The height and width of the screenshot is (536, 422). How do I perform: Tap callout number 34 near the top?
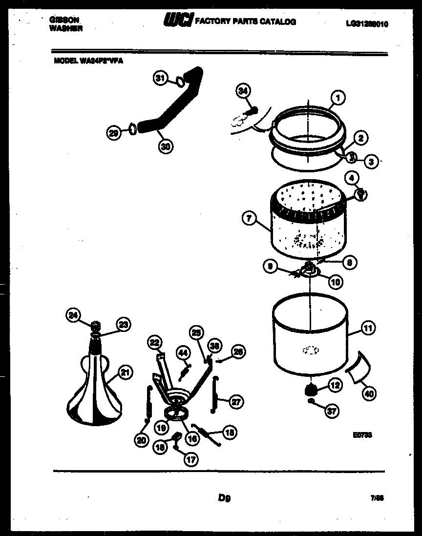point(243,90)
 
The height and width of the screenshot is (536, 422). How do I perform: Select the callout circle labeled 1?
point(338,98)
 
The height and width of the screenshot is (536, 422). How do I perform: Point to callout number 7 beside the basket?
point(250,219)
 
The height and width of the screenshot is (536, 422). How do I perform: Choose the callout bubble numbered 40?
point(369,392)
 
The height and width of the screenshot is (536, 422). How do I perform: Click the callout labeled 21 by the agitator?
point(126,373)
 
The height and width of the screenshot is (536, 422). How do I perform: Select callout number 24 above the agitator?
point(73,316)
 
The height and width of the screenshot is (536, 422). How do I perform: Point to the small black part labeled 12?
point(310,389)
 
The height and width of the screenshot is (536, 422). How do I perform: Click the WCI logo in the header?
point(177,21)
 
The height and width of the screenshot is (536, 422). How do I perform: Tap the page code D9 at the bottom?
point(224,498)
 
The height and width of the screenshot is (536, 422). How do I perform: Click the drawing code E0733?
point(362,435)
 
